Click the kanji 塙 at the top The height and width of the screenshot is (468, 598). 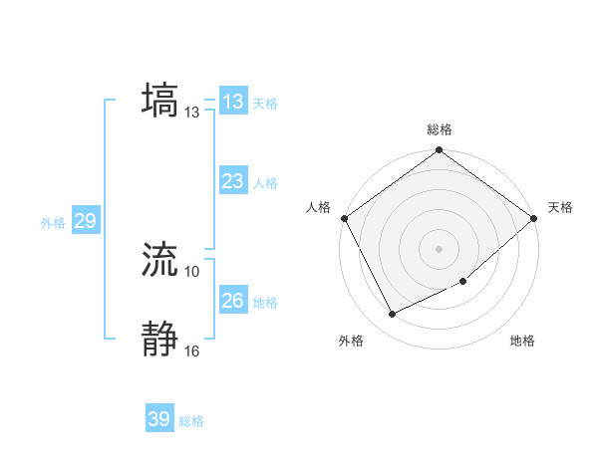pos(160,100)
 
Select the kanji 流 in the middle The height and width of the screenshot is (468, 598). pos(160,259)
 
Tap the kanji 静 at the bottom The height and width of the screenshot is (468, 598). pos(160,339)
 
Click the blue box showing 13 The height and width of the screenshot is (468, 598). pos(233,102)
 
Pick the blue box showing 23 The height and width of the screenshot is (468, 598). pos(233,181)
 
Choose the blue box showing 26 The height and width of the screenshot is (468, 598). pos(233,301)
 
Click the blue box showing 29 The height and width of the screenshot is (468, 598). pos(85,221)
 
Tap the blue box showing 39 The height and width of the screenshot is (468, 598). pos(159,419)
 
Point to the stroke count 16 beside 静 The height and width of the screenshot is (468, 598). pos(191,351)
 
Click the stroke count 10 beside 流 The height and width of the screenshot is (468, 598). pos(191,271)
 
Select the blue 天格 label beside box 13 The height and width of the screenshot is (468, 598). pos(265,103)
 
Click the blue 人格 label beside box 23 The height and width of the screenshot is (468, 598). pos(265,182)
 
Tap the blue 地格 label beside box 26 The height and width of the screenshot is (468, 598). pos(265,302)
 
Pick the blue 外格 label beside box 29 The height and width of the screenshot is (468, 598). pos(53,223)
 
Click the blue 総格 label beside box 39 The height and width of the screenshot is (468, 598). pos(191,421)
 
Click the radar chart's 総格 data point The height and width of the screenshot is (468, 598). pos(439,150)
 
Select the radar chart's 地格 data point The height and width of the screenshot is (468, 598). pos(463,282)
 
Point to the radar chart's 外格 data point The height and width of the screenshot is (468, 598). pos(392,315)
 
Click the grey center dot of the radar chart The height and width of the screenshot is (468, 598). pos(439,249)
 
